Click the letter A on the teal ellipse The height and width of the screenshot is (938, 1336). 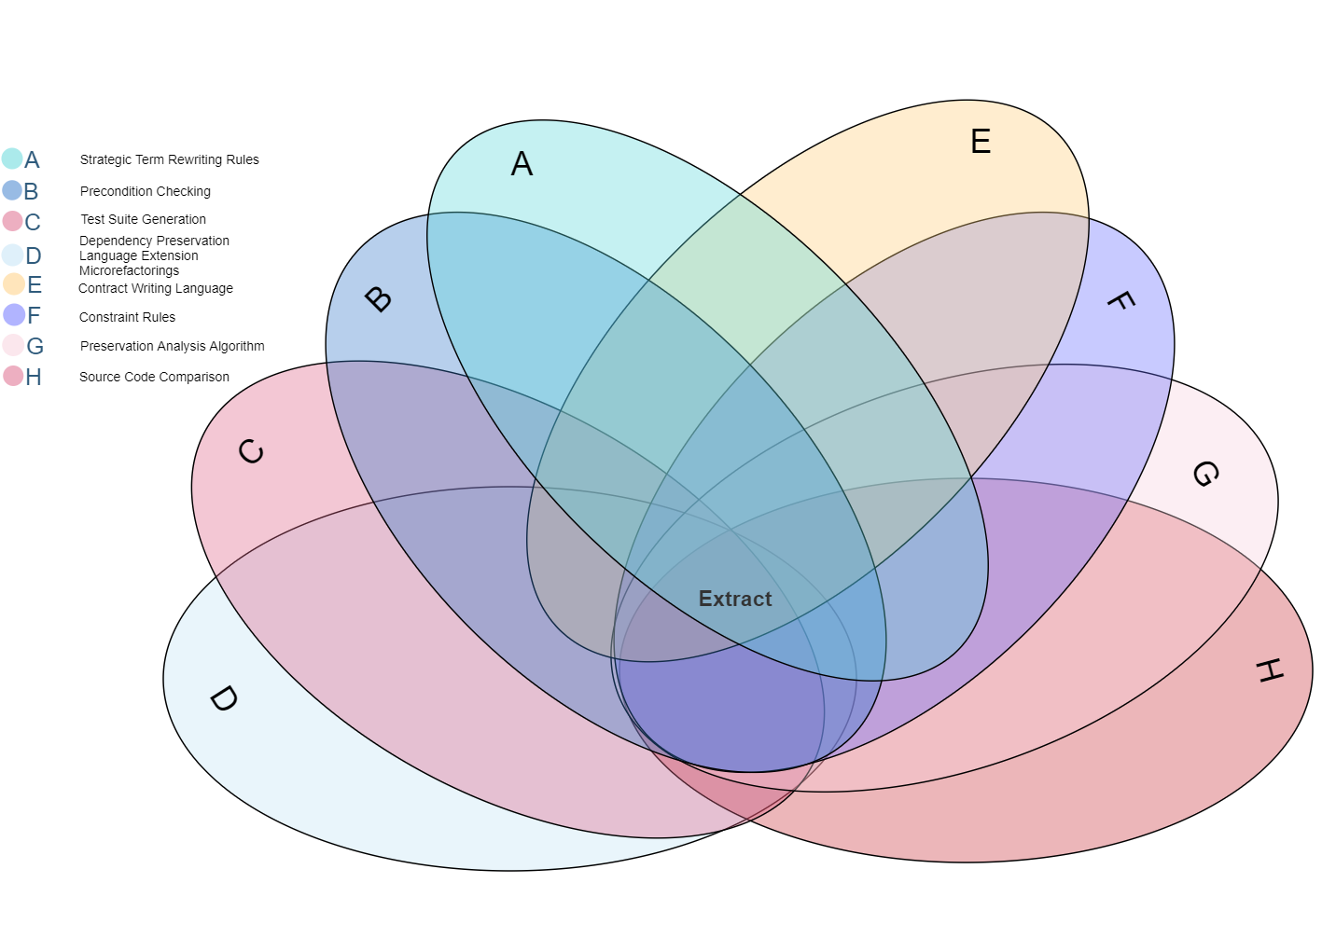point(522,164)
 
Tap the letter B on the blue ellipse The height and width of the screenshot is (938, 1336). point(378,299)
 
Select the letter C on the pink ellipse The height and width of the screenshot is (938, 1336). point(251,452)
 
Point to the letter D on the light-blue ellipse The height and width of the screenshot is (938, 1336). point(223,698)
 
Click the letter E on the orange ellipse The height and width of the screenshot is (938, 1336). point(980,142)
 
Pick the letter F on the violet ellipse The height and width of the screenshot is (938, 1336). point(1120,301)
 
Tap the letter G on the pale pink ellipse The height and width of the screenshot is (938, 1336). point(1204,474)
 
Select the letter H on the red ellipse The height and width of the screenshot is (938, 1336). point(1269,669)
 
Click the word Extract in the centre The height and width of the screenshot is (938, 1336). point(735,599)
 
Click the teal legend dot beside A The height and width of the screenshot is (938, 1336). point(12,159)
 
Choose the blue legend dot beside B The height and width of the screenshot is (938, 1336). point(12,190)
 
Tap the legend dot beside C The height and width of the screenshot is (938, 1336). point(12,221)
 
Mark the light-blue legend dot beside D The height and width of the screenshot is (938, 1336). point(12,255)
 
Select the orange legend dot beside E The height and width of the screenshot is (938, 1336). point(13,283)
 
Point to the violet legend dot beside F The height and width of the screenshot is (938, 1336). point(13,314)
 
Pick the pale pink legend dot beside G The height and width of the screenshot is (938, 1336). point(13,345)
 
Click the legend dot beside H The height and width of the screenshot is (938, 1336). point(13,376)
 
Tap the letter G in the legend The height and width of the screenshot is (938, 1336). point(35,347)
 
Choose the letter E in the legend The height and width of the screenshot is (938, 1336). point(35,284)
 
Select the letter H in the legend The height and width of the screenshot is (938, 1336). point(34,378)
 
